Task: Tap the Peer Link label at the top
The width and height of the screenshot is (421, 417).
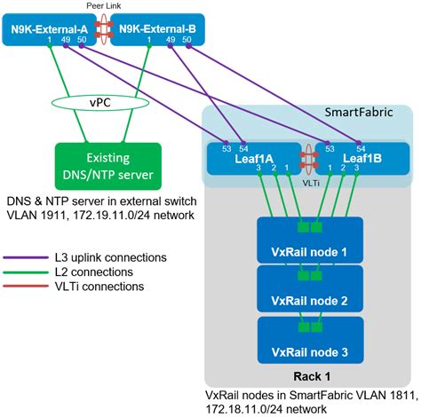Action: [x=104, y=5]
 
